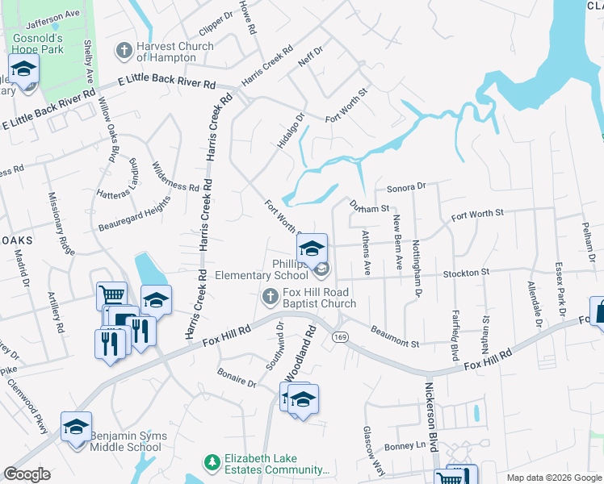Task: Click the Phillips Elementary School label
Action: (262, 269)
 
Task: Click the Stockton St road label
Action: (466, 273)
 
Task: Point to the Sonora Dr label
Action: (405, 187)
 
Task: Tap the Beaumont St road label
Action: (395, 336)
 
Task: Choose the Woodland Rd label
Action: (308, 353)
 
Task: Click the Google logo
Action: (27, 474)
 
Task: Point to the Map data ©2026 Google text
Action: (553, 478)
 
